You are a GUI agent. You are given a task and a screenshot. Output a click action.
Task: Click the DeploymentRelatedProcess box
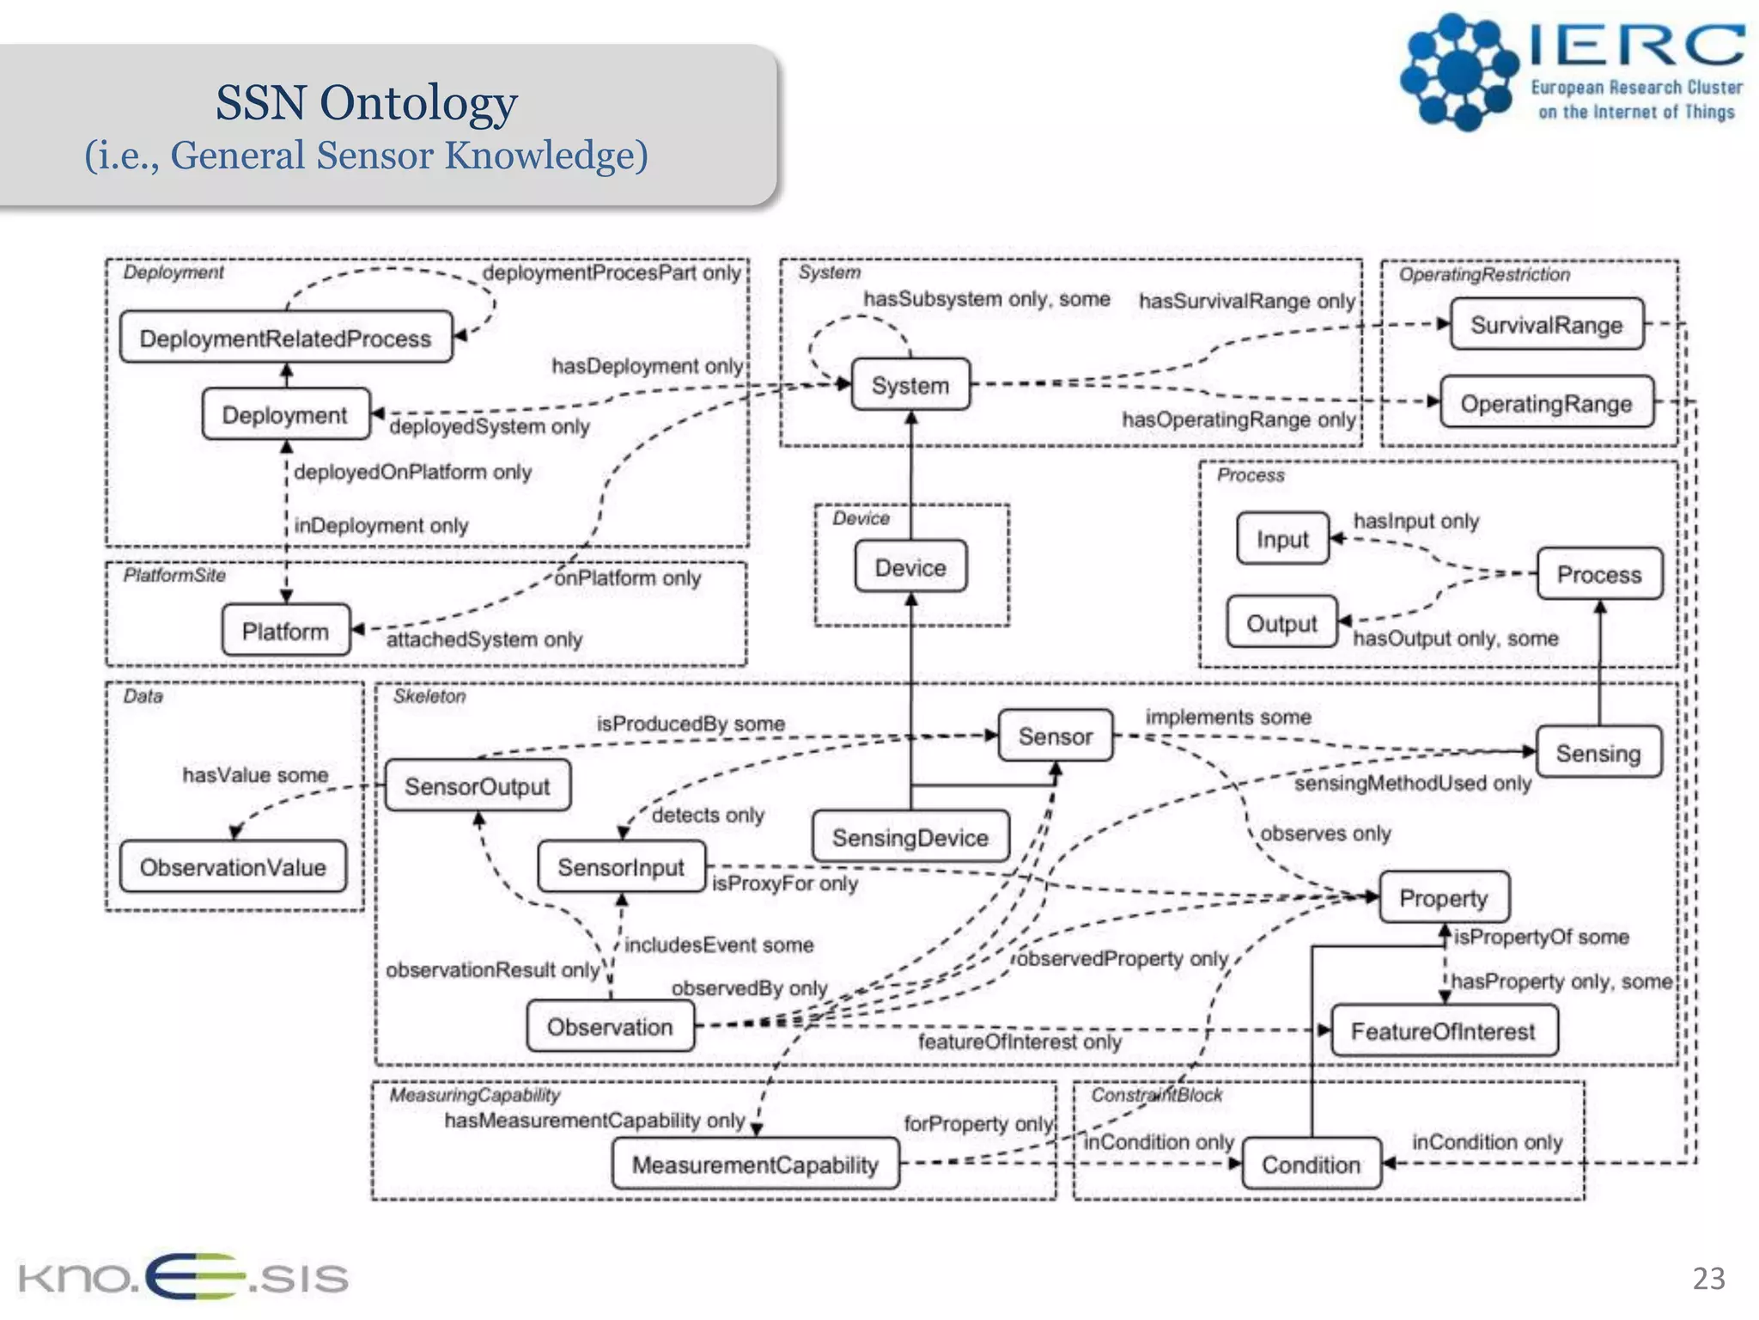pyautogui.click(x=285, y=338)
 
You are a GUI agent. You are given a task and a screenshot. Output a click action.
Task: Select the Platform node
pyautogui.click(x=285, y=631)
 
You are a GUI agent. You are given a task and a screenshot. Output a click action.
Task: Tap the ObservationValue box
pyautogui.click(x=233, y=867)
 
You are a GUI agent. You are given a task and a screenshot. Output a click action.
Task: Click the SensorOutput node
pyautogui.click(x=477, y=785)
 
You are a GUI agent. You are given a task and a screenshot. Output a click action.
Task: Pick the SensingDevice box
pyautogui.click(x=910, y=837)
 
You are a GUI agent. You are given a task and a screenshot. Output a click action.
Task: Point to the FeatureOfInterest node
pyautogui.click(x=1443, y=1030)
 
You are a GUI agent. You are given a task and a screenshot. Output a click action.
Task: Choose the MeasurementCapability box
pyautogui.click(x=755, y=1164)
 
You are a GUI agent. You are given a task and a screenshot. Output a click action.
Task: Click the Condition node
pyautogui.click(x=1311, y=1164)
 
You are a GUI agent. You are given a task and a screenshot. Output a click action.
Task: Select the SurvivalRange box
pyautogui.click(x=1546, y=324)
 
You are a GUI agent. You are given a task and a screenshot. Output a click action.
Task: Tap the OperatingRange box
pyautogui.click(x=1546, y=403)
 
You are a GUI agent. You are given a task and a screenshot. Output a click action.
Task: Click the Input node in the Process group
pyautogui.click(x=1282, y=539)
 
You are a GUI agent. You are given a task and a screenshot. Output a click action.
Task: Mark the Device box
pyautogui.click(x=910, y=567)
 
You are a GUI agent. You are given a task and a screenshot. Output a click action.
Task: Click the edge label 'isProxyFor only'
pyautogui.click(x=784, y=883)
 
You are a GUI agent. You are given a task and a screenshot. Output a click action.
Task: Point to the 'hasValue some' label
pyautogui.click(x=255, y=775)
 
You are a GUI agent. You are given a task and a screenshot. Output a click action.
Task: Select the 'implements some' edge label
pyautogui.click(x=1228, y=717)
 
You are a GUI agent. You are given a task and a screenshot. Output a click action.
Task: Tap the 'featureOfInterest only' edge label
pyautogui.click(x=1019, y=1042)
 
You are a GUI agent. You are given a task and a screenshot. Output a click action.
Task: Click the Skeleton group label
pyautogui.click(x=429, y=696)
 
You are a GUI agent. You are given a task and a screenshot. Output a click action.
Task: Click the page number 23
pyautogui.click(x=1708, y=1279)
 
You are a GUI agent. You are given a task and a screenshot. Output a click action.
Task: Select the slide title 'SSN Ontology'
pyautogui.click(x=366, y=102)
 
